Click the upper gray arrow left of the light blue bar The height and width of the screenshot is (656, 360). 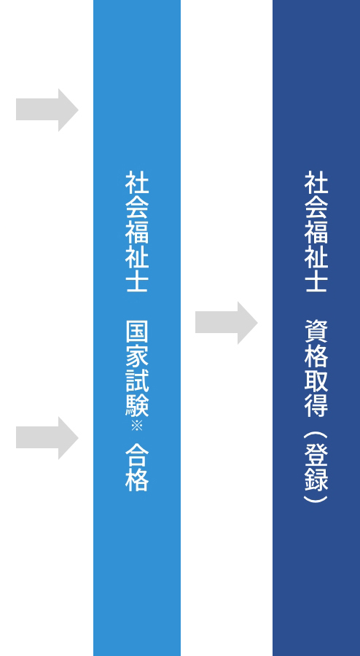(47, 110)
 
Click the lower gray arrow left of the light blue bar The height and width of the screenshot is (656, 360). (47, 438)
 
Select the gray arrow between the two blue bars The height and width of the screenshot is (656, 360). (226, 323)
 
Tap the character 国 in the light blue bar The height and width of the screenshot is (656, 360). (137, 332)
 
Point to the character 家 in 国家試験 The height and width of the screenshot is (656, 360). (137, 357)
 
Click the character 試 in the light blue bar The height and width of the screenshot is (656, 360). (137, 381)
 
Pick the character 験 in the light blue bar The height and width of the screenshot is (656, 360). (137, 405)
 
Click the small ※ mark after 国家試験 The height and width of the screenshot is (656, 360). (137, 426)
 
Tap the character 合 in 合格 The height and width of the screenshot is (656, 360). (137, 455)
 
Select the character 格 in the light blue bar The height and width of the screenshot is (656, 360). (137, 480)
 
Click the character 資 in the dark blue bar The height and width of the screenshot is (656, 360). (316, 332)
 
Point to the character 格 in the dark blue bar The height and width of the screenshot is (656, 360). (316, 357)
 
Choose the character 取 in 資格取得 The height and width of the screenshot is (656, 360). (316, 381)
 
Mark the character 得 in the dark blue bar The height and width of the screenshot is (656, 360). (316, 405)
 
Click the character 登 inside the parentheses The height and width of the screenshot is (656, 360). (316, 455)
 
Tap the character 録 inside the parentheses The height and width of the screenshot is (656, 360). (316, 480)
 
